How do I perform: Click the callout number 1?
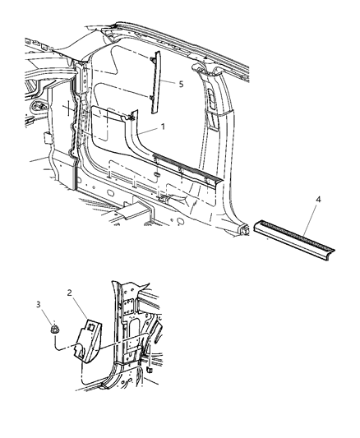click(164, 128)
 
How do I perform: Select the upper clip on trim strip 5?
click(155, 59)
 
